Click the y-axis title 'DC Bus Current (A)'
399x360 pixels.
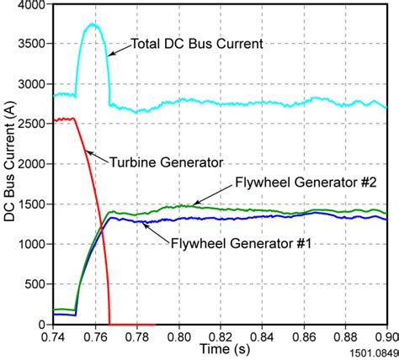[x=9, y=165]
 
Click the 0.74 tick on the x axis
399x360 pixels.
[x=54, y=335]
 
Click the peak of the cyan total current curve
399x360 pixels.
[x=93, y=24]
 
